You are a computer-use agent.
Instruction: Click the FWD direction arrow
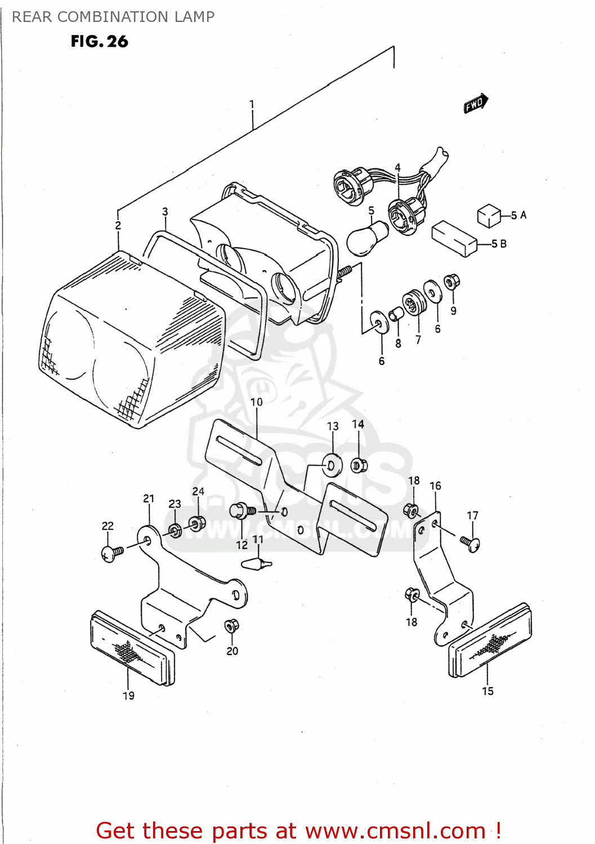(476, 104)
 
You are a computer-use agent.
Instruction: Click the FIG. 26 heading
(99, 42)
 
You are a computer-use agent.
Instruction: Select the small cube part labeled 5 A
(489, 216)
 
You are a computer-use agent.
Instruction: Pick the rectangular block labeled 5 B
(454, 239)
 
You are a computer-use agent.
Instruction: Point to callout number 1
(252, 104)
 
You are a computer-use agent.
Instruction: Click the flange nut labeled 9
(451, 281)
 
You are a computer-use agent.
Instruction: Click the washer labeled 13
(332, 464)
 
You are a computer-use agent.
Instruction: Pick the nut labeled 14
(359, 465)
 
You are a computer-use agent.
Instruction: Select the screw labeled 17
(470, 543)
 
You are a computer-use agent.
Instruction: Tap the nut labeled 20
(231, 626)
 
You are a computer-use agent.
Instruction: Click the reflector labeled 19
(132, 648)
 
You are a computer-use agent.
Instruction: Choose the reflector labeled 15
(490, 641)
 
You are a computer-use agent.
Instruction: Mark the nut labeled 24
(196, 523)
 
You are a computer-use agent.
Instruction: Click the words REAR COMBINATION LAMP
(113, 17)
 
